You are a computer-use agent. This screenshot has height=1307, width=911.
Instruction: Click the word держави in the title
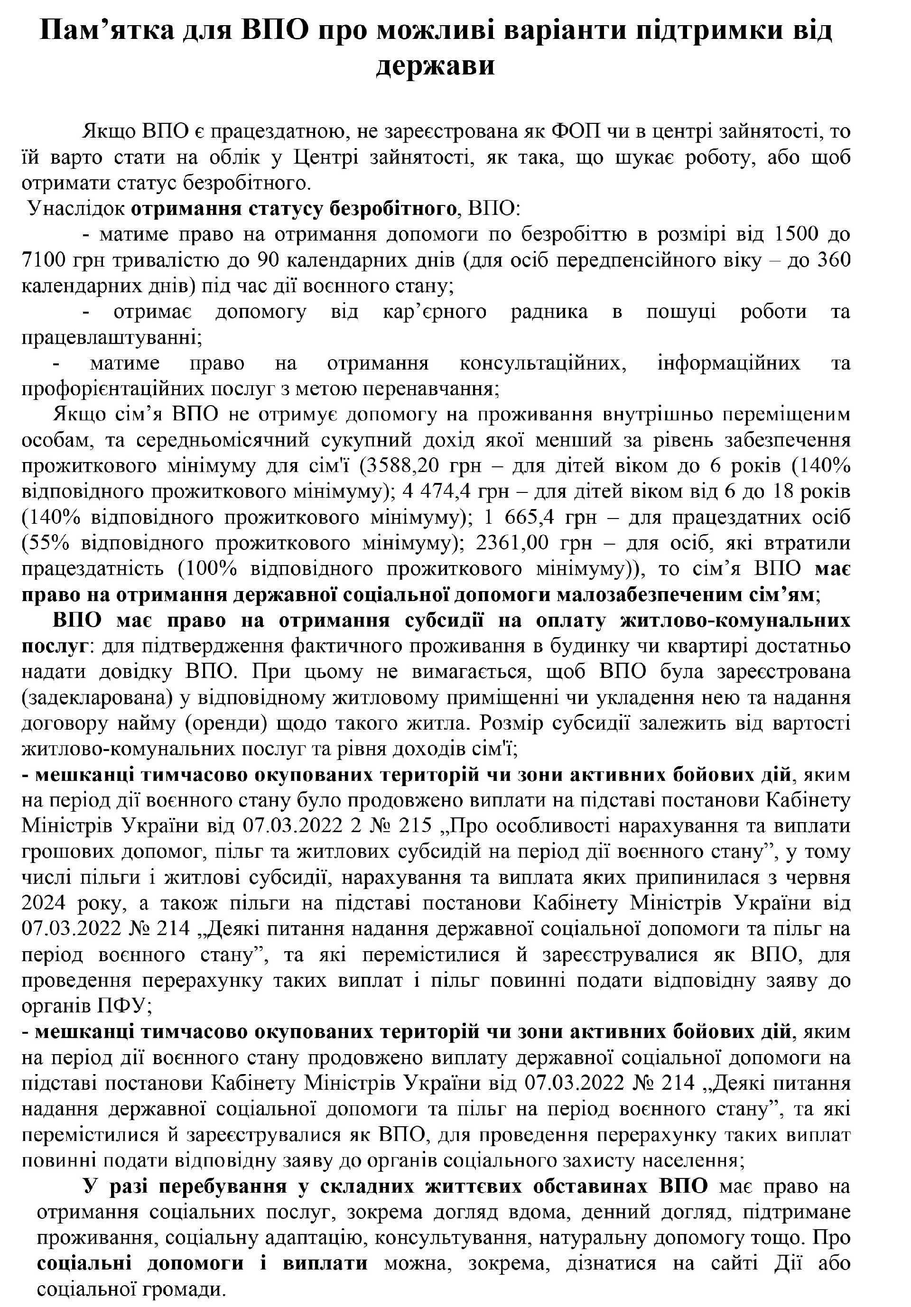(435, 66)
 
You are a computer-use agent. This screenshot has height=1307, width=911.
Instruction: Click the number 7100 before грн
(45, 260)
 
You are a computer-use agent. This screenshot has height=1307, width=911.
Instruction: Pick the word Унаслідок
(76, 208)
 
